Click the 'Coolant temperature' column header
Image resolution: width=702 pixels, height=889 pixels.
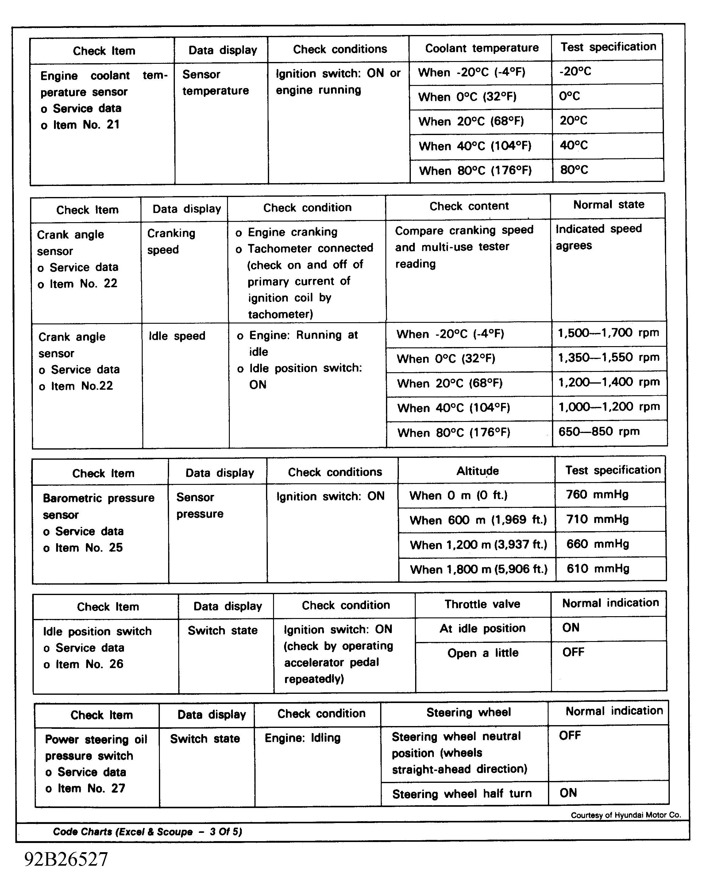pos(481,48)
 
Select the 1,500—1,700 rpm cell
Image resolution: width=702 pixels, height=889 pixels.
pos(608,333)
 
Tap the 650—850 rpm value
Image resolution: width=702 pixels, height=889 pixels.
pos(599,431)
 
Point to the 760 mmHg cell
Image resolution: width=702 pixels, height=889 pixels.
pos(597,494)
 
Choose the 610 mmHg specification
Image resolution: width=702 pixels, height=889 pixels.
pos(598,569)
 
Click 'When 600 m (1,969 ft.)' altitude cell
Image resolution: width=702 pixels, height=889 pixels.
pos(478,520)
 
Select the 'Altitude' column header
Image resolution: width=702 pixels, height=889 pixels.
pos(478,471)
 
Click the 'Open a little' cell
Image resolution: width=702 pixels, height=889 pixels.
pos(483,653)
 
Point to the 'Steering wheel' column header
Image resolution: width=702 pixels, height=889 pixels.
pos(469,712)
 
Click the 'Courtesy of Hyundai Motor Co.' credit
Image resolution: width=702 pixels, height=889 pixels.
pos(626,815)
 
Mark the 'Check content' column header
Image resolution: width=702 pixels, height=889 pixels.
pos(469,206)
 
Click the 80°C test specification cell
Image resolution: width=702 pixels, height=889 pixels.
pos(574,170)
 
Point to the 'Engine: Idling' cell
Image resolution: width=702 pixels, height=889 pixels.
pos(303,738)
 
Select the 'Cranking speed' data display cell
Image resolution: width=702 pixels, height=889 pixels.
pos(171,241)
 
